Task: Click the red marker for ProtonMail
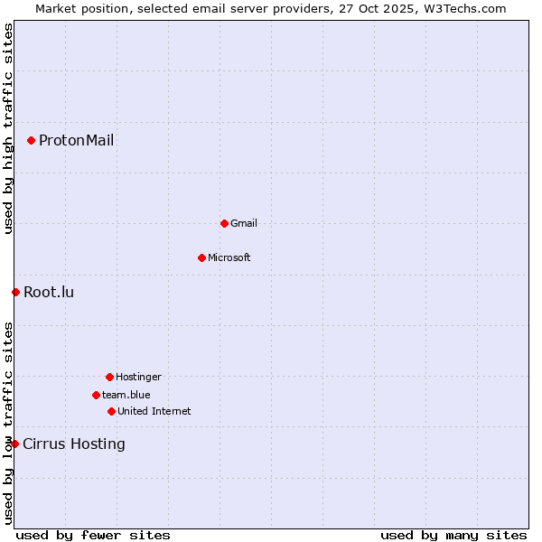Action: pyautogui.click(x=31, y=140)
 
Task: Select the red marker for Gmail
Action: pyautogui.click(x=224, y=223)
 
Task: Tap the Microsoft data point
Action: pyautogui.click(x=201, y=257)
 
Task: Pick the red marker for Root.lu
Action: pyautogui.click(x=15, y=292)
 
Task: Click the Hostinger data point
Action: pyautogui.click(x=109, y=377)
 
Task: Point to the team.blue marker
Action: pyautogui.click(x=96, y=395)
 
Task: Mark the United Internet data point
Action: pyautogui.click(x=111, y=411)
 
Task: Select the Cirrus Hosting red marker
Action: pyautogui.click(x=14, y=444)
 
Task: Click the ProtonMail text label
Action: pyautogui.click(x=76, y=140)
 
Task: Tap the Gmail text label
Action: pyautogui.click(x=244, y=223)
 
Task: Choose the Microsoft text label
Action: pyautogui.click(x=229, y=257)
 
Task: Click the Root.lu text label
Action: pyautogui.click(x=49, y=292)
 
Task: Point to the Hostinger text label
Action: pyautogui.click(x=138, y=377)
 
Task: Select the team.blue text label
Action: pyautogui.click(x=126, y=395)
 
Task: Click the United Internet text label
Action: pyautogui.click(x=154, y=411)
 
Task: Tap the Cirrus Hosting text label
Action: pyautogui.click(x=74, y=444)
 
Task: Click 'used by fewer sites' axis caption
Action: pyautogui.click(x=93, y=535)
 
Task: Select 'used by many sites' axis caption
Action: pyautogui.click(x=453, y=535)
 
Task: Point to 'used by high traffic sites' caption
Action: pyautogui.click(x=8, y=129)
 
